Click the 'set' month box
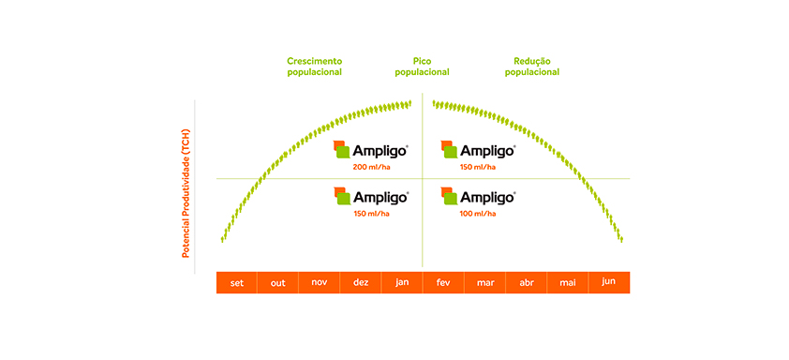[236, 282]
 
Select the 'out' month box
[277, 282]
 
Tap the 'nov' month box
[319, 282]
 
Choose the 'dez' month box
[360, 282]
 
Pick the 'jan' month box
[402, 282]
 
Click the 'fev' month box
[443, 282]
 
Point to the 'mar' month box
[484, 282]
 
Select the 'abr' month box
[526, 282]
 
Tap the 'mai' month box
[567, 282]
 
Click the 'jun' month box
[609, 282]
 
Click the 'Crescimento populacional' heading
[315, 67]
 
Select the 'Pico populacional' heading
[422, 67]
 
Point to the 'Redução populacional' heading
[532, 67]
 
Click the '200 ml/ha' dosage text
[371, 167]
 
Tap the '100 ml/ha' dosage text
[478, 214]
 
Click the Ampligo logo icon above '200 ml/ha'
[342, 150]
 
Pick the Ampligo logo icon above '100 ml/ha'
[450, 196]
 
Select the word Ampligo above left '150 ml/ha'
[380, 197]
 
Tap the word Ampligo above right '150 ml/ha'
[487, 151]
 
